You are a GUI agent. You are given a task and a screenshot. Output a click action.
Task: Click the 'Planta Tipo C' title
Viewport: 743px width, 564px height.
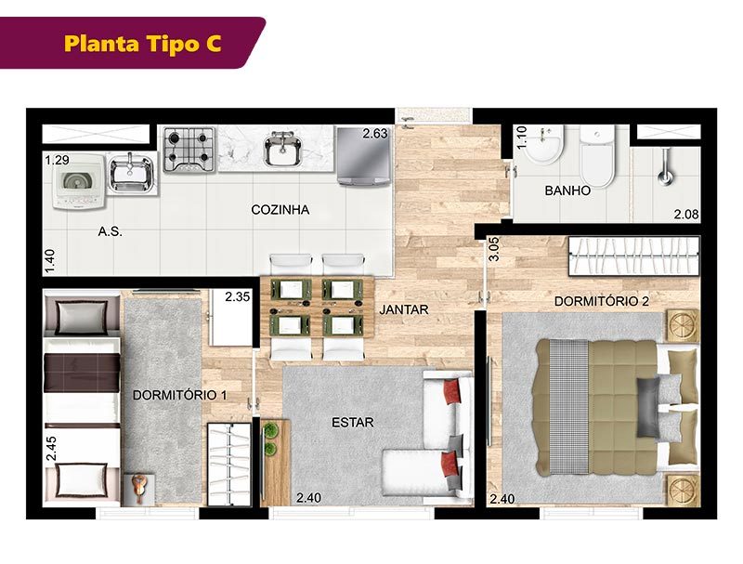(x=143, y=43)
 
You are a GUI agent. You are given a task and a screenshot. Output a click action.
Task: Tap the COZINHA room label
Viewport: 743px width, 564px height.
(x=280, y=209)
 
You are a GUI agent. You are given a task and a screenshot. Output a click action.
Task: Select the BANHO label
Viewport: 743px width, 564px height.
(x=567, y=190)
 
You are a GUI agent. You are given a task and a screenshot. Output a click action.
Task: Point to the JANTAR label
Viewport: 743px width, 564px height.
(x=404, y=309)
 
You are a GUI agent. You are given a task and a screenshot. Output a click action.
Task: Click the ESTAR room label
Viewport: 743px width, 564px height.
(x=353, y=422)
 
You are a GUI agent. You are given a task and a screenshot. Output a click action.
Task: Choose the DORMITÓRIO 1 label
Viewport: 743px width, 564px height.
(x=179, y=395)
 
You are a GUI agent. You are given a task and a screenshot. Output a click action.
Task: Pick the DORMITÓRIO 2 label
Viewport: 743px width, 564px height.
(x=602, y=301)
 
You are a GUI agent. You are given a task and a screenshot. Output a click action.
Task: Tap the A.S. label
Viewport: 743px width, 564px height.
(x=110, y=231)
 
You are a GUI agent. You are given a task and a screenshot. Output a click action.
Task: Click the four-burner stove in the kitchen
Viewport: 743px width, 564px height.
(x=189, y=149)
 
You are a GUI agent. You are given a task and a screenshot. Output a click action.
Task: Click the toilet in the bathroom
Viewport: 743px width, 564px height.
(x=597, y=156)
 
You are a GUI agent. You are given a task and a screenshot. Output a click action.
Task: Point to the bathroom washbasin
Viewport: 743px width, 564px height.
(x=545, y=145)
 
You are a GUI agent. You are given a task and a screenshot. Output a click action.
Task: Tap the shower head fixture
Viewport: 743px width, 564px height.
(x=666, y=166)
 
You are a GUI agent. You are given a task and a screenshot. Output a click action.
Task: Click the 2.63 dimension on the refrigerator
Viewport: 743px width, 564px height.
(x=375, y=134)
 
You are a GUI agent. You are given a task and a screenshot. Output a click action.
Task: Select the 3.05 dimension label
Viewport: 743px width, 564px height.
(x=494, y=249)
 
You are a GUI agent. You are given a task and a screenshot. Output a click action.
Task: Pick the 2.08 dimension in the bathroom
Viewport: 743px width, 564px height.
(x=686, y=215)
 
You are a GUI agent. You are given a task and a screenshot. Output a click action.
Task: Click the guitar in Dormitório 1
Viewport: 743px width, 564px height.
(x=138, y=488)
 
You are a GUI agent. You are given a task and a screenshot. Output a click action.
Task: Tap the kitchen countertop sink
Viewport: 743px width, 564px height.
(x=283, y=149)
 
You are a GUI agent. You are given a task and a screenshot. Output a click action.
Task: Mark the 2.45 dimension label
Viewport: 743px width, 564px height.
(x=51, y=449)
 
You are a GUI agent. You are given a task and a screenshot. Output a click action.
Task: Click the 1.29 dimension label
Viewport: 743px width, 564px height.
(x=58, y=160)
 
